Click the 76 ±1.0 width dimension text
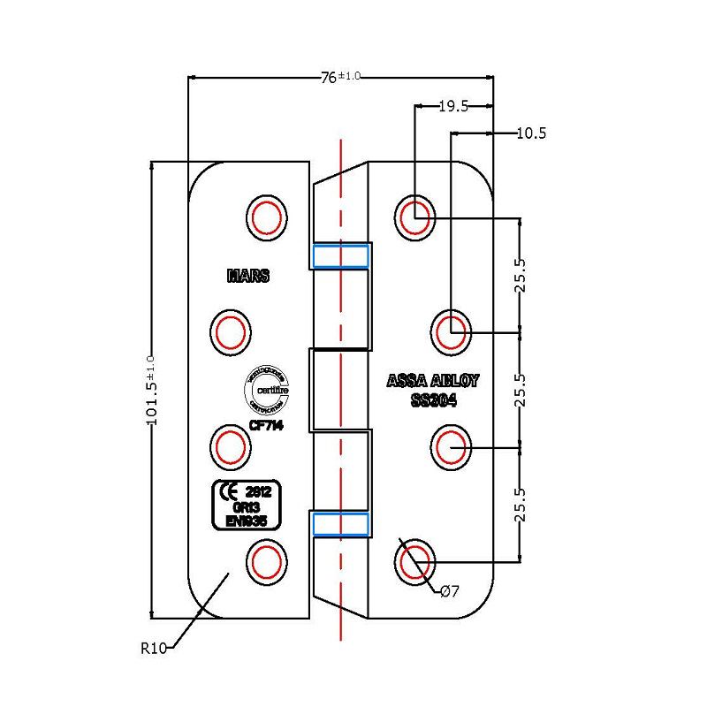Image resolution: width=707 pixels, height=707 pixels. pyautogui.click(x=338, y=77)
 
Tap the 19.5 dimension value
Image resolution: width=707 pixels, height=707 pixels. pyautogui.click(x=453, y=106)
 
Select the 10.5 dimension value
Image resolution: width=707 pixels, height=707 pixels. pyautogui.click(x=531, y=133)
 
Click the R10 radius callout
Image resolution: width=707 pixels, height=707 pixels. pyautogui.click(x=153, y=648)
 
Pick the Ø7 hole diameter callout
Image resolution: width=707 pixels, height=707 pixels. pyautogui.click(x=449, y=591)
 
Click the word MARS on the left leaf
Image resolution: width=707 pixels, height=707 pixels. pyautogui.click(x=248, y=276)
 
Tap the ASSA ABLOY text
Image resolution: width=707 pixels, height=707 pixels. pyautogui.click(x=433, y=383)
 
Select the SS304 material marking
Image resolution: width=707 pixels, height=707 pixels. pyautogui.click(x=433, y=401)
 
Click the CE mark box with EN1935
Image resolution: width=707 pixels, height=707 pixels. pyautogui.click(x=252, y=506)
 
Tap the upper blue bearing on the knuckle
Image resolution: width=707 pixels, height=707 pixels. pyautogui.click(x=340, y=256)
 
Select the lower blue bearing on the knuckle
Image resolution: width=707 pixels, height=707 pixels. pyautogui.click(x=340, y=523)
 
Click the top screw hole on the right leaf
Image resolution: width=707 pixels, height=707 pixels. pyautogui.click(x=414, y=215)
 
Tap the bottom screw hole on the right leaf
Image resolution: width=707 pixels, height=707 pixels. pyautogui.click(x=414, y=560)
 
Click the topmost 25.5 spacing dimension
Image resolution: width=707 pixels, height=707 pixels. pyautogui.click(x=521, y=275)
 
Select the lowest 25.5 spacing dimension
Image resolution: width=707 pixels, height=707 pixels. pyautogui.click(x=521, y=505)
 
